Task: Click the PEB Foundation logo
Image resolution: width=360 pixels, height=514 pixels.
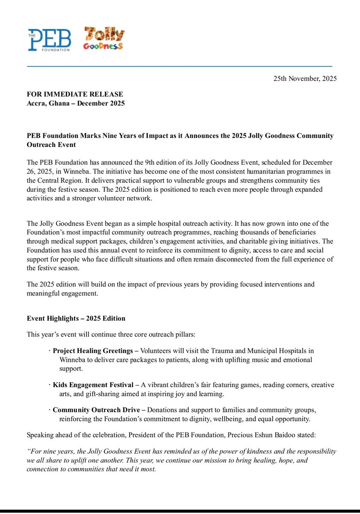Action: click(x=49, y=39)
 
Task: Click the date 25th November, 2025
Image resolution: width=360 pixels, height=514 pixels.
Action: click(x=305, y=79)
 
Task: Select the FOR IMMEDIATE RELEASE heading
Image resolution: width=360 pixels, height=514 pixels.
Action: click(x=75, y=94)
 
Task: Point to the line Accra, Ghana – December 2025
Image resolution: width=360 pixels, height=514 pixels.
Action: click(x=75, y=103)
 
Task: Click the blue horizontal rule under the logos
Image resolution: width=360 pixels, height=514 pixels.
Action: click(x=180, y=66)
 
